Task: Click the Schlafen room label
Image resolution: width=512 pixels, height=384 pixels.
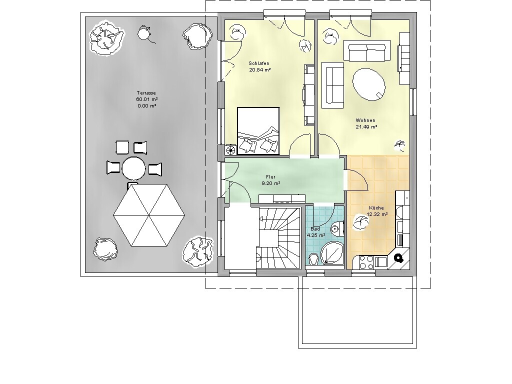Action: tap(259, 63)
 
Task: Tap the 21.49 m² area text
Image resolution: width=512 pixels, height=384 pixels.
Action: tap(366, 127)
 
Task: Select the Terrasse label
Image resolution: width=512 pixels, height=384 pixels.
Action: tap(146, 93)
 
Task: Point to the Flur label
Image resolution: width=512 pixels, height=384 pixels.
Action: tap(270, 177)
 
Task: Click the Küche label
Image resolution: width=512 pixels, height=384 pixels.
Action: tap(376, 207)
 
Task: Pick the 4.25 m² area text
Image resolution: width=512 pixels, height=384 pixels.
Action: tap(316, 235)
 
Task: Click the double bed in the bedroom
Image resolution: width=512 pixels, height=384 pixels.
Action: tap(258, 130)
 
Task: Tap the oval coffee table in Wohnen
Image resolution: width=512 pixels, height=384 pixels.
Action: tap(368, 84)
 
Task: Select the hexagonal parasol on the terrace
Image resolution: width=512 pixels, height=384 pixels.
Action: tap(149, 215)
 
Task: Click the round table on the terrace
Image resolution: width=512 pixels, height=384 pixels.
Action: tap(133, 168)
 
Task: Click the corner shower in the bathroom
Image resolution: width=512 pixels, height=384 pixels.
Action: tap(331, 253)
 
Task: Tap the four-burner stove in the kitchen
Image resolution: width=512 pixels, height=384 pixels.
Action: tap(366, 262)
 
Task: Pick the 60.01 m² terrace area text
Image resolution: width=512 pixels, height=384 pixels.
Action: tap(147, 99)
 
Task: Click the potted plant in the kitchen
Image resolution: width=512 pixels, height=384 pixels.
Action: tap(361, 222)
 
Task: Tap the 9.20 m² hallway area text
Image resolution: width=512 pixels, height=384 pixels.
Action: tap(271, 183)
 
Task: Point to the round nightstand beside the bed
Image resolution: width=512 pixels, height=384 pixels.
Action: tap(231, 149)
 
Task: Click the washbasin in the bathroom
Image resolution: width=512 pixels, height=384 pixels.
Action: tap(314, 258)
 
